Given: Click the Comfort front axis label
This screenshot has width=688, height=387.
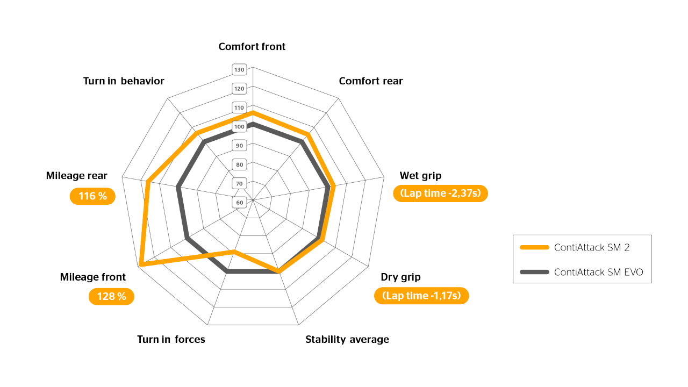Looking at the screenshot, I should (252, 47).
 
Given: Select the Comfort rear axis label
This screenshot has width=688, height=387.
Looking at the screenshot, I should (370, 81).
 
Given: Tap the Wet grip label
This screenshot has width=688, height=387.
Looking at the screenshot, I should (420, 176).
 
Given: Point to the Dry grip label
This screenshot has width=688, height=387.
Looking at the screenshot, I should (400, 277).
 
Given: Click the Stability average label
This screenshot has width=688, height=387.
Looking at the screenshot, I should (347, 340).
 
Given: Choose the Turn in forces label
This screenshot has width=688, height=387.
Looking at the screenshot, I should (171, 340).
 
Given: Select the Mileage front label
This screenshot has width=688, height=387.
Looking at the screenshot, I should (92, 277).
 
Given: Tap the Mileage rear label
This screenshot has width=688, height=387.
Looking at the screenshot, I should (76, 176).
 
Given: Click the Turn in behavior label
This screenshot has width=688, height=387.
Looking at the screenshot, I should (124, 81).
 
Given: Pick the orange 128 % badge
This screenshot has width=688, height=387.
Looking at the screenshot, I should (111, 297).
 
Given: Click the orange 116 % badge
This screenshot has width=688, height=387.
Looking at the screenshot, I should (92, 196).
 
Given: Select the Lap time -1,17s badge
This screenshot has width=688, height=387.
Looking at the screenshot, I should (421, 296).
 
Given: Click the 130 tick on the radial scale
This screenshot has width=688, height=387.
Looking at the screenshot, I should (239, 69).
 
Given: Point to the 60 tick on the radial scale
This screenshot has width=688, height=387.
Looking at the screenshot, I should (239, 203).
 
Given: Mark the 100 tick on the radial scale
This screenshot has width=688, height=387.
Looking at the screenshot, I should (239, 127).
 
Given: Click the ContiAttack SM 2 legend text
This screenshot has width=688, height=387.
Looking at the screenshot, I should (591, 248).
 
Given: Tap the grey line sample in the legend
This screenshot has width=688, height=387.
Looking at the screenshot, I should (534, 272).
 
